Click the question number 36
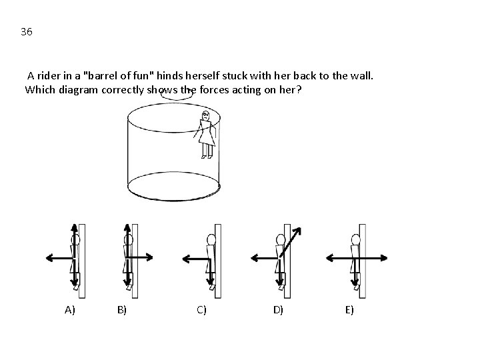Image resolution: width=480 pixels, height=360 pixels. (27, 31)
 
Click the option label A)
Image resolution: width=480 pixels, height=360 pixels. (70, 310)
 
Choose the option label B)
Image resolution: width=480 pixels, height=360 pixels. (122, 310)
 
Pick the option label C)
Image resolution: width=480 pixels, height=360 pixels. (201, 310)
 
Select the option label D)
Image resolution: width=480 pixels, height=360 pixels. (278, 310)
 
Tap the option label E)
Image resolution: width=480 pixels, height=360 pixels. (349, 310)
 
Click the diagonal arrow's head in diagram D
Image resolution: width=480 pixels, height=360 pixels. (297, 231)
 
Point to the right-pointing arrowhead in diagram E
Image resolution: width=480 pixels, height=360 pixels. (384, 258)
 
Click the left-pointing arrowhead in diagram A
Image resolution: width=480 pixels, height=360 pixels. (49, 258)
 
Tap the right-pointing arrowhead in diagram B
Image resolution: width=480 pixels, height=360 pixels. (149, 257)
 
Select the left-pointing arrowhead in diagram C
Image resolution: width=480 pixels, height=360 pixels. (186, 259)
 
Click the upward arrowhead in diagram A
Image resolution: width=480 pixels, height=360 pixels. (75, 227)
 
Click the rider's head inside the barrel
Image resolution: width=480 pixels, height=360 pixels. (205, 115)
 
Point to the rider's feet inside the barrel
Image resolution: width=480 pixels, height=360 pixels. (207, 157)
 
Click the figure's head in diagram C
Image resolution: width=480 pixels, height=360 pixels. (211, 239)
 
